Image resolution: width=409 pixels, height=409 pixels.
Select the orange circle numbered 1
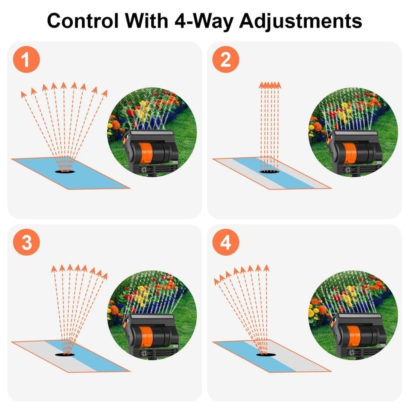coord(26,61)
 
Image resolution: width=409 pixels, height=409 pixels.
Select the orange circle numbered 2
coord(225,61)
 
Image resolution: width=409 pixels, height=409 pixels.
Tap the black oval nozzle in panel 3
coord(65,354)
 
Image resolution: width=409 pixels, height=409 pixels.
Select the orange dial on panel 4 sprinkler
coord(349,335)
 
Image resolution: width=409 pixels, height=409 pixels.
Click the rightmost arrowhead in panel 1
coord(105,92)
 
